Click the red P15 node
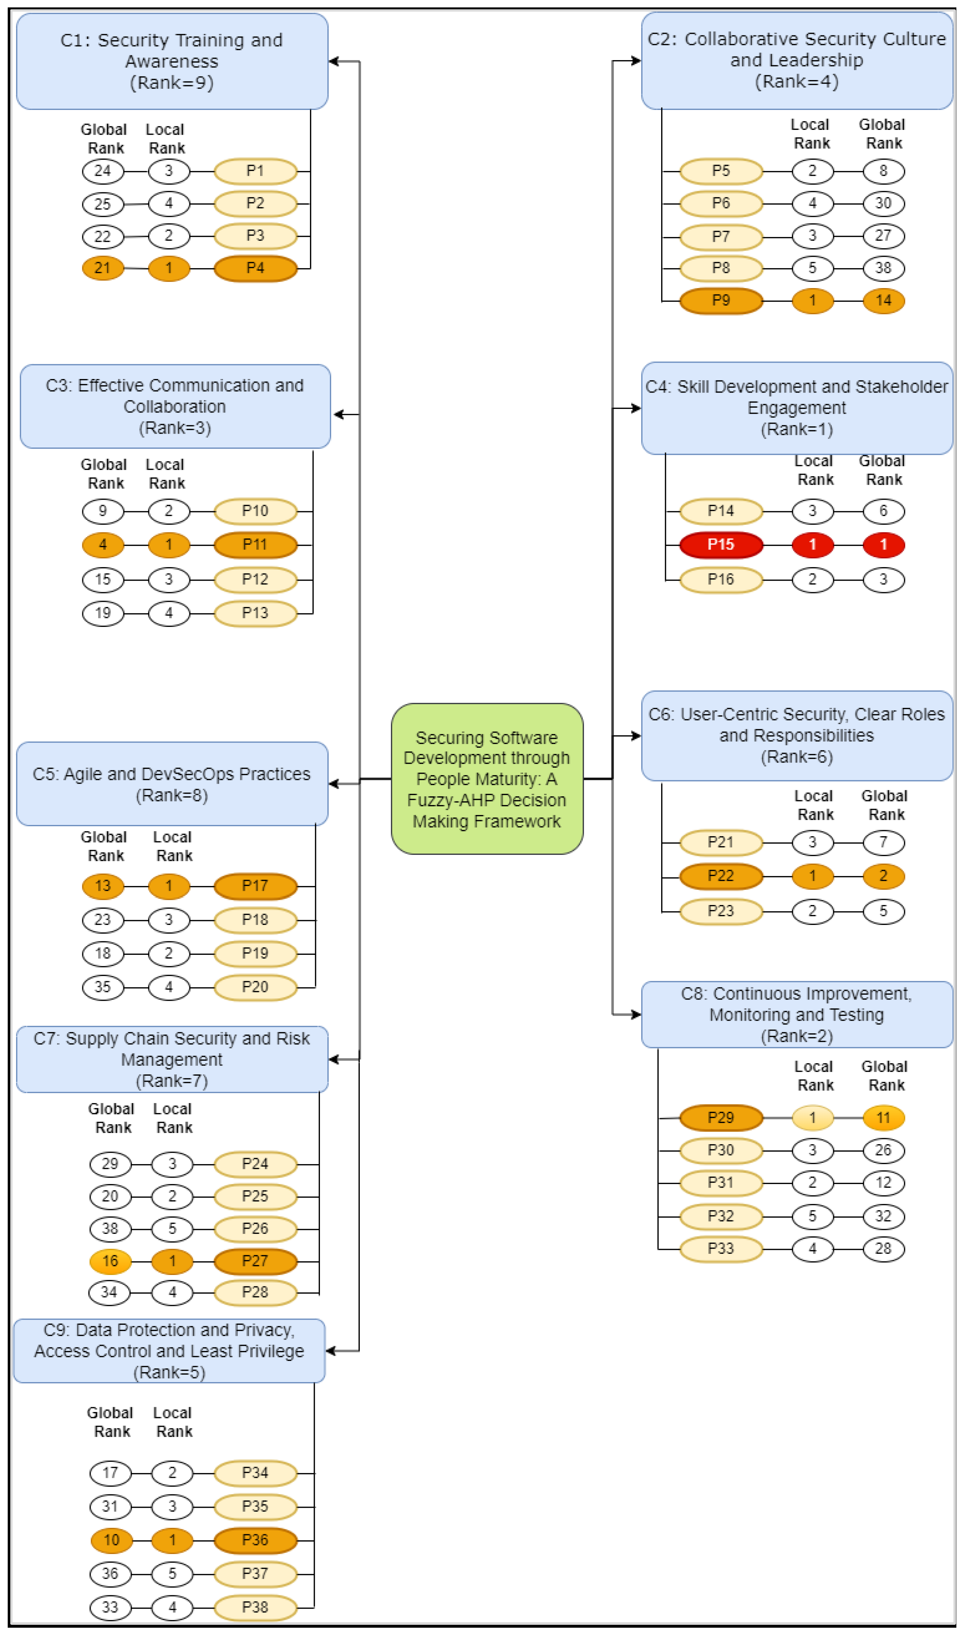(721, 545)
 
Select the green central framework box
(487, 779)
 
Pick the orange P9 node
(721, 300)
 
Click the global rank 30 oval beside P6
(883, 203)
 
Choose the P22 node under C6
(721, 876)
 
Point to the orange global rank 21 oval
(103, 268)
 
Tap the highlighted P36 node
(255, 1540)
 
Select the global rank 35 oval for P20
(103, 987)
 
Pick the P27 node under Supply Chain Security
(255, 1262)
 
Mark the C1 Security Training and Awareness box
(172, 61)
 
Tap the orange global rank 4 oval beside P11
(103, 545)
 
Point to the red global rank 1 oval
(883, 545)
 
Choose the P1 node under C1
(255, 171)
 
